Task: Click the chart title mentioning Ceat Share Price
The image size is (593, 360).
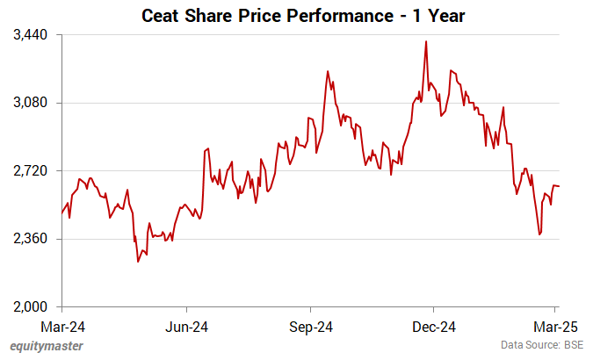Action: click(x=295, y=15)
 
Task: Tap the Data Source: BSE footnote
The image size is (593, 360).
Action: click(x=542, y=346)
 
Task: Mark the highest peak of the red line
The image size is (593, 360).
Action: click(x=426, y=41)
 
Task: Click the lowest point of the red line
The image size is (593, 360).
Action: click(x=138, y=262)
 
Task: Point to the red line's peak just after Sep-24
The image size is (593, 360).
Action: click(x=327, y=71)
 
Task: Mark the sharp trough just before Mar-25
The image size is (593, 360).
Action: click(x=539, y=234)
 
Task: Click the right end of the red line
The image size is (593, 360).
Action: click(x=560, y=186)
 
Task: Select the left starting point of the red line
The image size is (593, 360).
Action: click(x=62, y=213)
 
